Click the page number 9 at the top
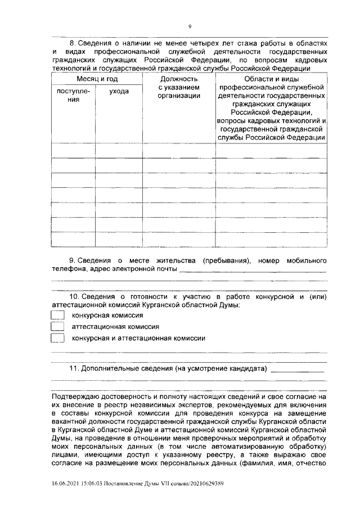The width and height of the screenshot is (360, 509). pos(190,26)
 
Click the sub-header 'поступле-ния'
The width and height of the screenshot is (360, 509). pos(69,95)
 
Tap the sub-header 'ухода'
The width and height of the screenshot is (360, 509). pos(118,91)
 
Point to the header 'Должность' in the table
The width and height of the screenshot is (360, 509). pos(179,79)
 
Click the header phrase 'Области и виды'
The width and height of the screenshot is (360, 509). pos(272,79)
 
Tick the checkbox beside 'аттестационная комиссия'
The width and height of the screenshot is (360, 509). pos(57,326)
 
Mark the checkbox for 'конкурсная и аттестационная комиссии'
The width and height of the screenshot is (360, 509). pos(57,338)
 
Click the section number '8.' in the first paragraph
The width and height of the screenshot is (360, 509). pos(73,43)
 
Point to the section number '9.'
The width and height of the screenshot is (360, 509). pos(73,261)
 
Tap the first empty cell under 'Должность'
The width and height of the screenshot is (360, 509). pos(179,150)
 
